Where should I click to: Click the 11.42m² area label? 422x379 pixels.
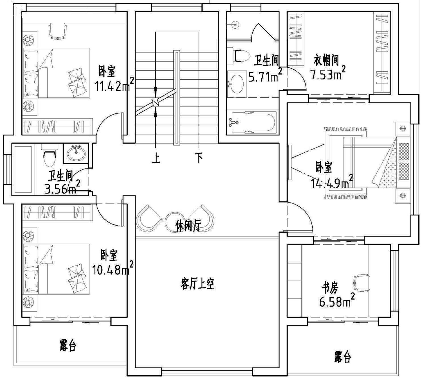pyautogui.click(x=115, y=84)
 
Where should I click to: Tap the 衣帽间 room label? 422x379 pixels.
pyautogui.click(x=326, y=60)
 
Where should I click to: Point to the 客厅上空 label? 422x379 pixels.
pyautogui.click(x=197, y=284)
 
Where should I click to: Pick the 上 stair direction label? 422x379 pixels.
pyautogui.click(x=156, y=158)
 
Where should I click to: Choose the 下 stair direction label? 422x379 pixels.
pyautogui.click(x=199, y=158)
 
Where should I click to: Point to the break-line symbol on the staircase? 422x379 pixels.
pyautogui.click(x=156, y=102)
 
